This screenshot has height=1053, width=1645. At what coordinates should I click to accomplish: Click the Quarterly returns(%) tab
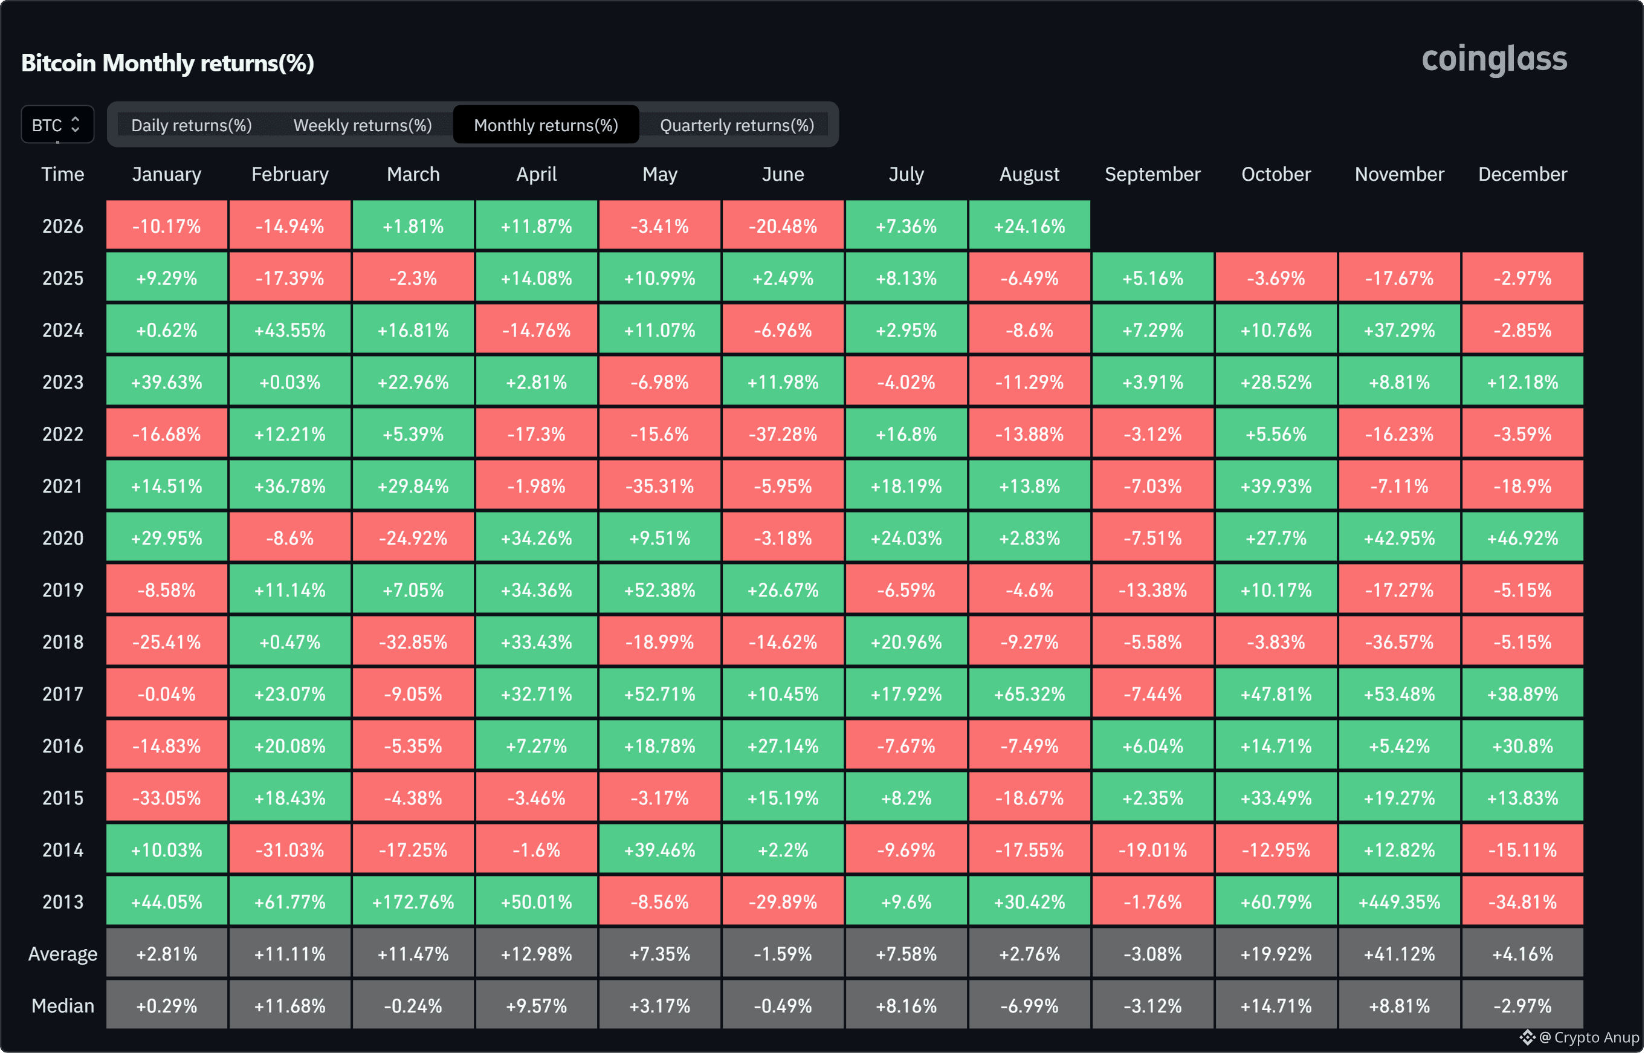coord(737,125)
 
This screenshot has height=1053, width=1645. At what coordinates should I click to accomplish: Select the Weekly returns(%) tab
coord(362,125)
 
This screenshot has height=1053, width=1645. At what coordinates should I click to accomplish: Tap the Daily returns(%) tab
coord(192,125)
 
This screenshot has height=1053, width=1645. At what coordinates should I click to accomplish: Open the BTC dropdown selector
coord(57,125)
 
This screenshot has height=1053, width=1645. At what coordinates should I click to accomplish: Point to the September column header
coord(1152,174)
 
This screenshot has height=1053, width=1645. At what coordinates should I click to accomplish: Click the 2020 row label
coord(63,538)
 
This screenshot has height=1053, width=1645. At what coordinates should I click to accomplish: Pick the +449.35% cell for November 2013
coord(1399,901)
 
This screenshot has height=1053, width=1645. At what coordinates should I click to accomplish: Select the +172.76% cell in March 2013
coord(413,901)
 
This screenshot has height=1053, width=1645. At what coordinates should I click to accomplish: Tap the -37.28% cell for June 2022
coord(783,433)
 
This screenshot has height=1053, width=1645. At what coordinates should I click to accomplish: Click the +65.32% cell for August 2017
coord(1029,693)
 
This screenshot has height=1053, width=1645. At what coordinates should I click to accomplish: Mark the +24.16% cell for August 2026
coord(1029,225)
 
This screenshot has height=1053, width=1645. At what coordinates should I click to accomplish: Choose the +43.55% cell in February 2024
coord(289,329)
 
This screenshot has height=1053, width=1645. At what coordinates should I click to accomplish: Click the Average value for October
coord(1276,953)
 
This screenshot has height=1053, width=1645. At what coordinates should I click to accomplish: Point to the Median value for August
coord(1029,1005)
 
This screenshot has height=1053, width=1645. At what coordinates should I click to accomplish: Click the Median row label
coord(63,1005)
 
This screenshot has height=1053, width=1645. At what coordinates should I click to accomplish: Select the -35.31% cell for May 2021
coord(659,485)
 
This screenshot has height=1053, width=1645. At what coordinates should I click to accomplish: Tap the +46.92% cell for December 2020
coord(1523,537)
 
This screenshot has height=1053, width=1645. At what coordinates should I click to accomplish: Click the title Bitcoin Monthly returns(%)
coord(167,63)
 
